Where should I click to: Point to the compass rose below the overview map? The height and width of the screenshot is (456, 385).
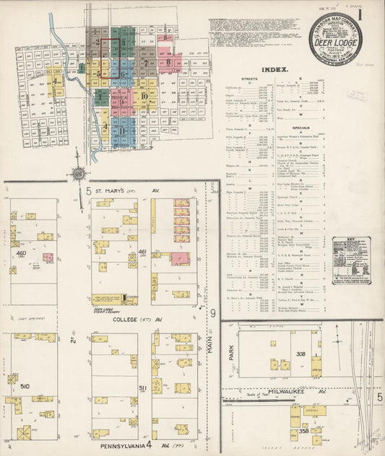[x=78, y=173]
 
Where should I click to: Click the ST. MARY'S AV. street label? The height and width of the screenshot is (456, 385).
[x=125, y=191]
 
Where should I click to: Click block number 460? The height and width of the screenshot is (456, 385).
[x=22, y=253]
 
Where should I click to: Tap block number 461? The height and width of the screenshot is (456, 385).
[x=142, y=252]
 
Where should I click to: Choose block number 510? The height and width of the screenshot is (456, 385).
[x=25, y=387]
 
